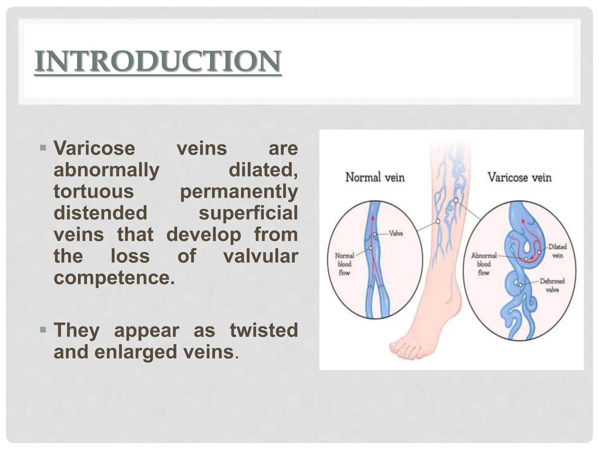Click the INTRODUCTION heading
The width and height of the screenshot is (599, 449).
(158, 61)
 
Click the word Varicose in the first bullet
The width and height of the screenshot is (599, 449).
(94, 148)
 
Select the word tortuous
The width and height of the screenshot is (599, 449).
(94, 191)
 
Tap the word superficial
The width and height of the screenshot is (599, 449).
(248, 213)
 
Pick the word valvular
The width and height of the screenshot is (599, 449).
(260, 256)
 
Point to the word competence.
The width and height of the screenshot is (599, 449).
(114, 278)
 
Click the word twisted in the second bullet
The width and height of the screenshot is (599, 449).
(264, 330)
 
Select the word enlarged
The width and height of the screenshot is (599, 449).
(136, 352)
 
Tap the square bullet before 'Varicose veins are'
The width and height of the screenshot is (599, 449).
(43, 147)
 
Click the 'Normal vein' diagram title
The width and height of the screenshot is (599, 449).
(375, 177)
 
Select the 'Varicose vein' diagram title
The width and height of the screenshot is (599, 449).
(519, 177)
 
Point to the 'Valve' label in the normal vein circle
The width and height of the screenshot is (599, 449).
(396, 234)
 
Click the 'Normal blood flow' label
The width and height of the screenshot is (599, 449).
(344, 264)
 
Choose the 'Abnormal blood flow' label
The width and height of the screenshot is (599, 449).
(483, 264)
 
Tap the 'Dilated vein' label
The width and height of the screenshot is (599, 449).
(557, 251)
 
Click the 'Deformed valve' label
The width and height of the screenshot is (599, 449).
(552, 285)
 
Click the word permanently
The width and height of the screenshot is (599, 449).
(239, 192)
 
